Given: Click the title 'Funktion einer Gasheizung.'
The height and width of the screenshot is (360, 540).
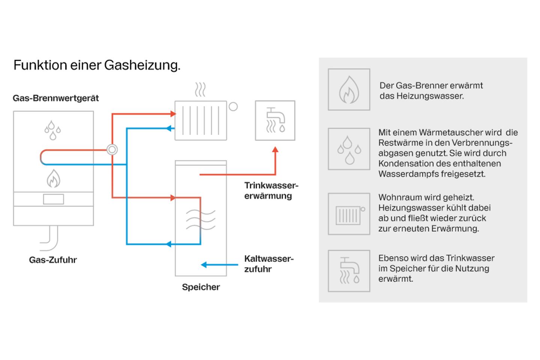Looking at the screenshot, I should (x=97, y=65).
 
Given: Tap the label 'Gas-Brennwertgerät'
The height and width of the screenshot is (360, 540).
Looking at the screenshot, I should (x=55, y=98).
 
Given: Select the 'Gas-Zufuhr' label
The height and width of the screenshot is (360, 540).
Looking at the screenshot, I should (x=53, y=260).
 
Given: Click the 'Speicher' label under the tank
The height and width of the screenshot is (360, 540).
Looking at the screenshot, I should (x=201, y=287).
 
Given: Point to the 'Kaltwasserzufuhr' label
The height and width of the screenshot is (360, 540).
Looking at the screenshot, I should (x=268, y=264).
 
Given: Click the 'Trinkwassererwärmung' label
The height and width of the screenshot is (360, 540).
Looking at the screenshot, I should (x=271, y=190).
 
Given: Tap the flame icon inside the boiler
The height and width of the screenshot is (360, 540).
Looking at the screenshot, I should (x=53, y=178).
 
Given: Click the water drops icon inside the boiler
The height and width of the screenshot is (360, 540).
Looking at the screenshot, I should (x=52, y=130).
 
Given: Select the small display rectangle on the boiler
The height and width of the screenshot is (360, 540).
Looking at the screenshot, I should (x=53, y=199).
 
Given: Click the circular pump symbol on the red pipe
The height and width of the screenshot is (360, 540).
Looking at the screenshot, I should (x=112, y=150).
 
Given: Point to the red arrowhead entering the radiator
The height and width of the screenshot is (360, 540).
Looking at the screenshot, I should (x=173, y=114).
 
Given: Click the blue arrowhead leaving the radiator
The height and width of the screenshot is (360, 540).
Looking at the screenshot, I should (x=169, y=129).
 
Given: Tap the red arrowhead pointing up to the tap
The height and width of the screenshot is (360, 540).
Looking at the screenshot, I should (x=275, y=150).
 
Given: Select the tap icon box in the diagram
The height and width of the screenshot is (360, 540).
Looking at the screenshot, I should (x=275, y=120).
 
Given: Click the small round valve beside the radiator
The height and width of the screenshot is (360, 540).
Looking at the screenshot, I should (x=233, y=107).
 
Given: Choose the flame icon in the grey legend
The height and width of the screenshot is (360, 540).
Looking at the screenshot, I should (x=349, y=90).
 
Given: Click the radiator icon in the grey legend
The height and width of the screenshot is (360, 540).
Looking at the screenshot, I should (x=349, y=214).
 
